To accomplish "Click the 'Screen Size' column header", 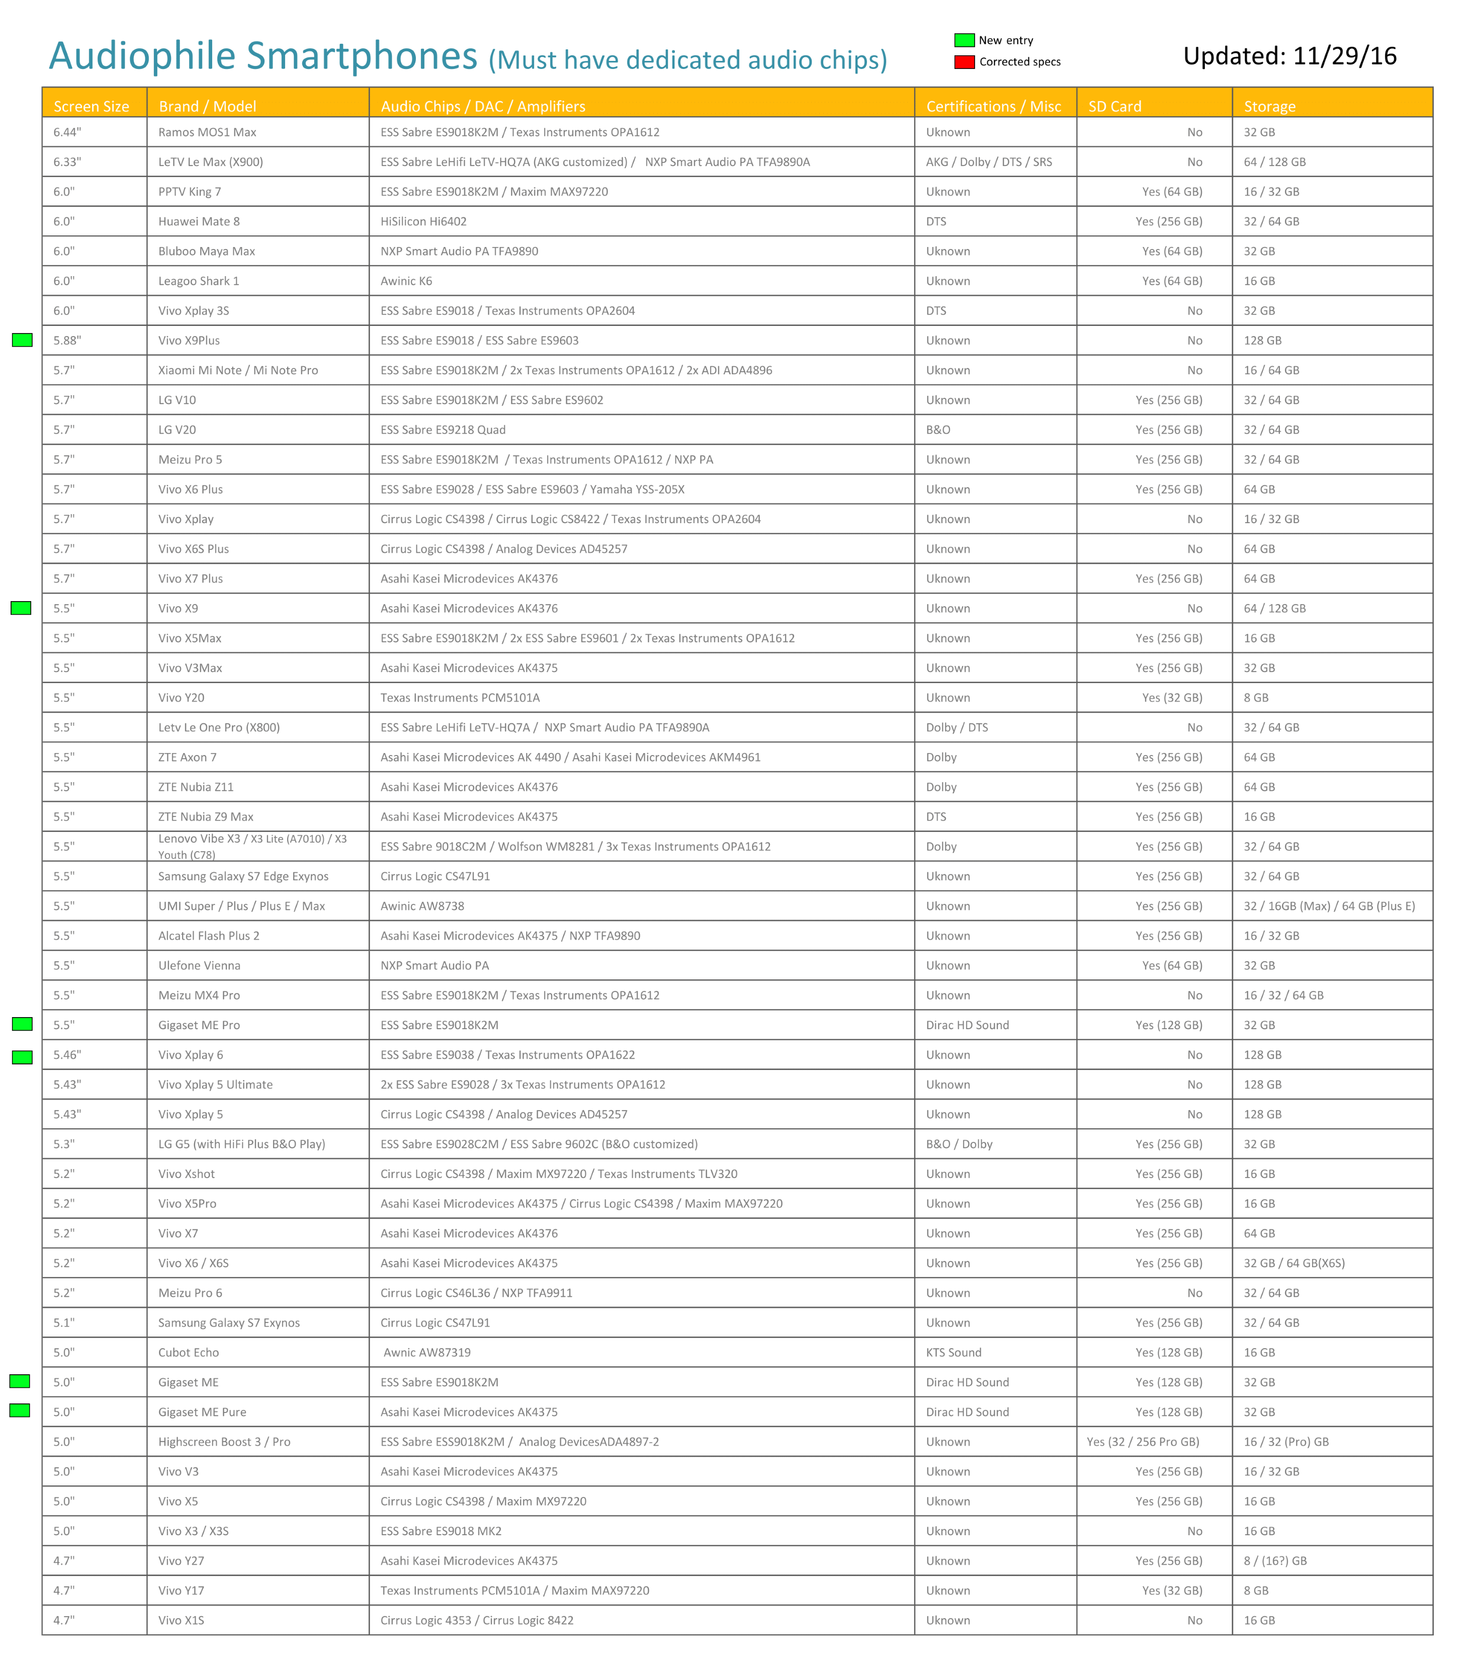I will [x=92, y=106].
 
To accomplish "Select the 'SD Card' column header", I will [x=1114, y=106].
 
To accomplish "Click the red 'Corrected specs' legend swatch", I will [x=964, y=62].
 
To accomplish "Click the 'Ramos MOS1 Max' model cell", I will [x=207, y=132].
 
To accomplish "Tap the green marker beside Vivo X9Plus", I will [x=23, y=341].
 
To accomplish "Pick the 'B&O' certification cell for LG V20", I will [x=937, y=430].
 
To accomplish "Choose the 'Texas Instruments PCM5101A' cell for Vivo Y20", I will [x=460, y=698].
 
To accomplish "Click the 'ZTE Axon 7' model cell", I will [x=188, y=757].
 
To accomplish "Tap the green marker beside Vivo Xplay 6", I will [x=23, y=1057].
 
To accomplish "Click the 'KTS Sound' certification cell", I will [x=953, y=1352].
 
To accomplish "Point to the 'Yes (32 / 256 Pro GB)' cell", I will [x=1142, y=1442].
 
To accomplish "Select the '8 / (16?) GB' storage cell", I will [x=1275, y=1561].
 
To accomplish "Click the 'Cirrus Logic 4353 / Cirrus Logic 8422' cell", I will [x=477, y=1620].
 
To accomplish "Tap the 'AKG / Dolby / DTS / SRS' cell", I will [x=989, y=162].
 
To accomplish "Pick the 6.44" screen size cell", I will [x=68, y=132].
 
